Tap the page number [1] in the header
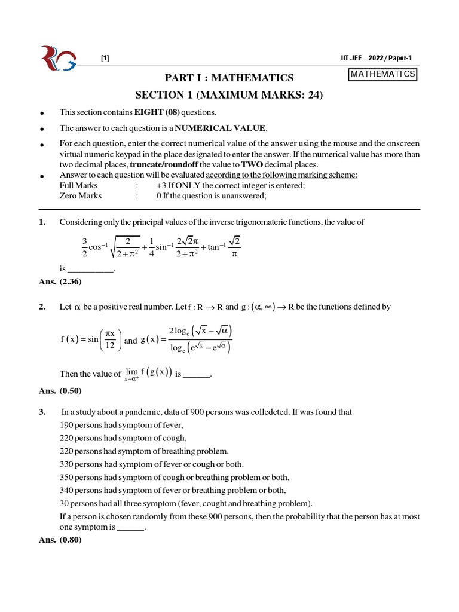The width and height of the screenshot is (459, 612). [x=105, y=58]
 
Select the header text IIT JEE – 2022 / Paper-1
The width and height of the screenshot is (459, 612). [x=375, y=58]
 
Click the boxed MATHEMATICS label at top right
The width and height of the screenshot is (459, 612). [x=383, y=74]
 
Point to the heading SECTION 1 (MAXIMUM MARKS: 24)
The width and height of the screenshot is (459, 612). [x=229, y=95]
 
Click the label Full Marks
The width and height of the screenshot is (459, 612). [x=78, y=185]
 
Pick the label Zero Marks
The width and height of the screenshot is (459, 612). [x=80, y=195]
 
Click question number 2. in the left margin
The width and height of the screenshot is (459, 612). [x=42, y=307]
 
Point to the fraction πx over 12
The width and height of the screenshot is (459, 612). [x=110, y=339]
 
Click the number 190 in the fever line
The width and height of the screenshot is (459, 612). [x=68, y=425]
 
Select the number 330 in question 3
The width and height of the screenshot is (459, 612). [x=68, y=464]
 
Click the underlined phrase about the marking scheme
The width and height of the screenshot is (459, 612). [x=281, y=175]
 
